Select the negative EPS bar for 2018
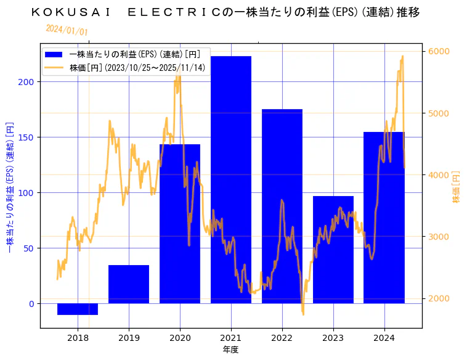(78, 309)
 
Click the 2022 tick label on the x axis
(282, 338)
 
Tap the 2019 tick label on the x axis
(129, 338)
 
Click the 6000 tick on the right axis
(438, 51)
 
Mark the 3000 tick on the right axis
(438, 237)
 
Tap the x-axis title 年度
(230, 350)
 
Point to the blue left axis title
(10, 186)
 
